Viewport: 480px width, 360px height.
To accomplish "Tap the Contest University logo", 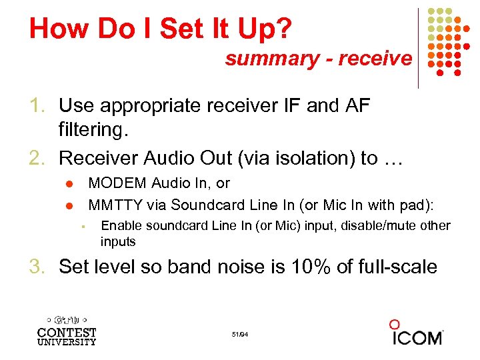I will tap(66, 328).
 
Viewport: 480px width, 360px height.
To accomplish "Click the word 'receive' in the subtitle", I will tap(375, 59).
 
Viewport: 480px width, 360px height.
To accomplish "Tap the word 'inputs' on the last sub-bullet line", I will tap(118, 241).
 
